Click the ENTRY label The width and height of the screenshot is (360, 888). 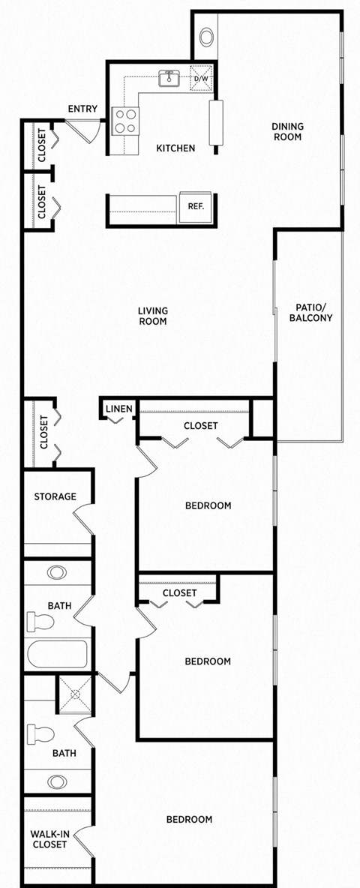[82, 109]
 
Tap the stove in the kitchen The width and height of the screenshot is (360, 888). [125, 121]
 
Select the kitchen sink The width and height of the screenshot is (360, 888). [169, 77]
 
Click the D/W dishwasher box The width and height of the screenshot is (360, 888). [201, 79]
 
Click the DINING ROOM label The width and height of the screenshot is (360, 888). [286, 132]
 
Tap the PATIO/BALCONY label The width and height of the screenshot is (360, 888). [310, 313]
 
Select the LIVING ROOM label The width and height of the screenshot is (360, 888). [152, 316]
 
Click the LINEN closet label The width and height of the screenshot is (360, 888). [118, 409]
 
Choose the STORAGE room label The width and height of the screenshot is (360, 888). [55, 496]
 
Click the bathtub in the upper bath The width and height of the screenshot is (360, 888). [57, 655]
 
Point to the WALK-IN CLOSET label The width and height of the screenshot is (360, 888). [49, 838]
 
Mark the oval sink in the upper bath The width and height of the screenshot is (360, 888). [56, 571]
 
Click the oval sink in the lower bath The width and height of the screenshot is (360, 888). [57, 781]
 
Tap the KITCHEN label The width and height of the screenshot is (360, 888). [175, 148]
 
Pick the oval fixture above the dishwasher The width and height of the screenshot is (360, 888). [207, 36]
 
